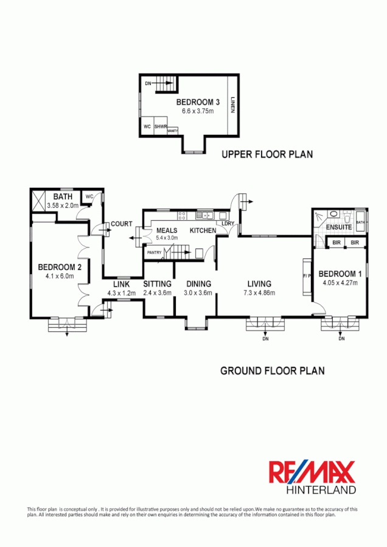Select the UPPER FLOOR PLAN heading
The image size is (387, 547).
[x=267, y=154]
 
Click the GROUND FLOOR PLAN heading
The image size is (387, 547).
[x=272, y=370]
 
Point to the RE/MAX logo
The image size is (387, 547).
[x=313, y=472]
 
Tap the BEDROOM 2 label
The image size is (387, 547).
[x=59, y=267]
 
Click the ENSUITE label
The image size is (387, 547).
[x=339, y=227]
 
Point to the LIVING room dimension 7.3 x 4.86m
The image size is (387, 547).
[x=259, y=293]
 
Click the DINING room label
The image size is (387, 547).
[x=198, y=284]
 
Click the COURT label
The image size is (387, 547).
[x=122, y=224]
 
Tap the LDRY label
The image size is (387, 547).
[x=228, y=224]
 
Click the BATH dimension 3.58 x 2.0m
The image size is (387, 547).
[x=63, y=206]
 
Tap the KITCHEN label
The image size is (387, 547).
[x=203, y=231]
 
